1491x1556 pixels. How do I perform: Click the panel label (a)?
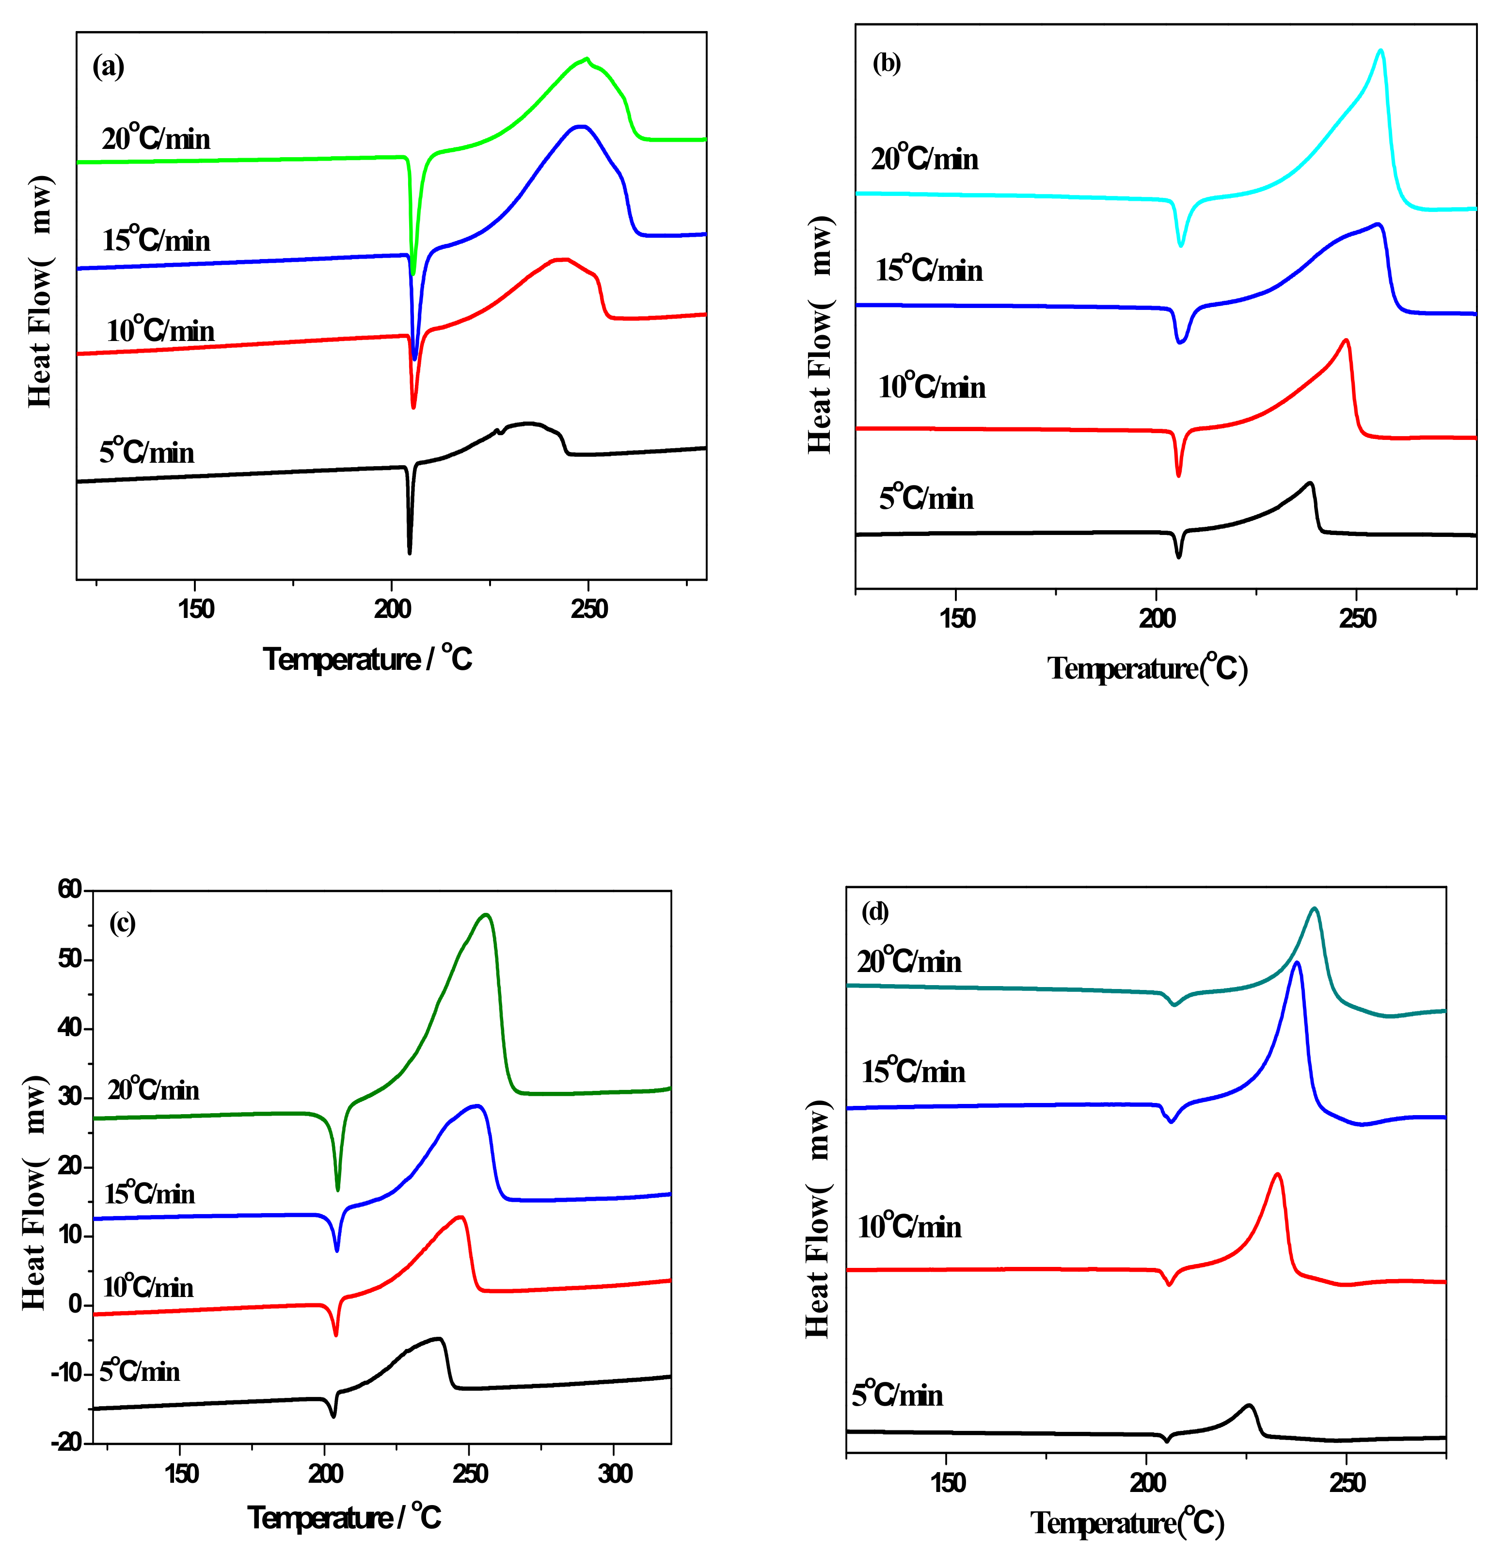click(x=108, y=66)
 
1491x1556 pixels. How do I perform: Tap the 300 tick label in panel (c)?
click(x=615, y=1474)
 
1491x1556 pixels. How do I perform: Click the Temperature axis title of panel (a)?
click(x=367, y=659)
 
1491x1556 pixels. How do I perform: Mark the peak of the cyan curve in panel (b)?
click(x=1380, y=51)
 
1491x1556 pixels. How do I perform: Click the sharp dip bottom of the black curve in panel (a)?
click(x=410, y=552)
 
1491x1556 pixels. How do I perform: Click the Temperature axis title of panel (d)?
click(x=1127, y=1523)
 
